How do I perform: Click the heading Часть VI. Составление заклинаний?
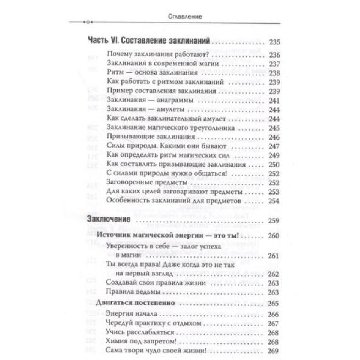coord(148,41)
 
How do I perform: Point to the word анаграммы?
coord(175,100)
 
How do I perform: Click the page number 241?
coord(274,101)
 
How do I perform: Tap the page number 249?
coord(274,155)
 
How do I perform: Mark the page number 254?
coord(274,201)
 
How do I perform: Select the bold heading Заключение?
coord(109,219)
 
